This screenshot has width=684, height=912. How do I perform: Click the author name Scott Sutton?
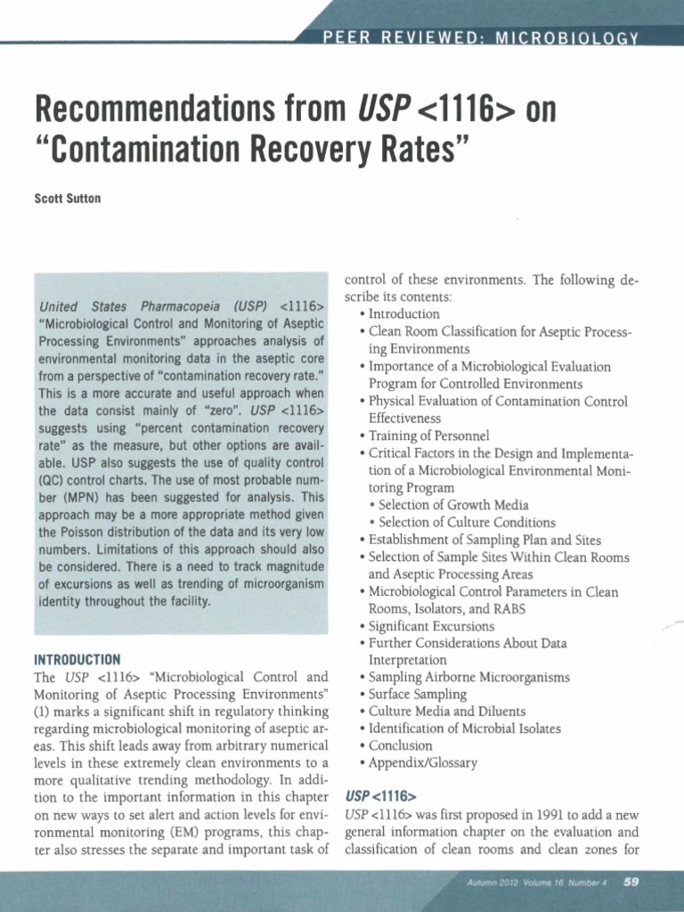tap(67, 198)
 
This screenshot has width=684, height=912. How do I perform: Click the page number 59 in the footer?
tap(631, 883)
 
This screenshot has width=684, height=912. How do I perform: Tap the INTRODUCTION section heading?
tap(77, 660)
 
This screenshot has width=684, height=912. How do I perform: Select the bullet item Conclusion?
tap(400, 745)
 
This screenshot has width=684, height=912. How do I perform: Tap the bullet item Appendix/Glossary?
tap(423, 762)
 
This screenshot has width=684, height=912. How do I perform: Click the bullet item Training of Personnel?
tap(428, 436)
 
